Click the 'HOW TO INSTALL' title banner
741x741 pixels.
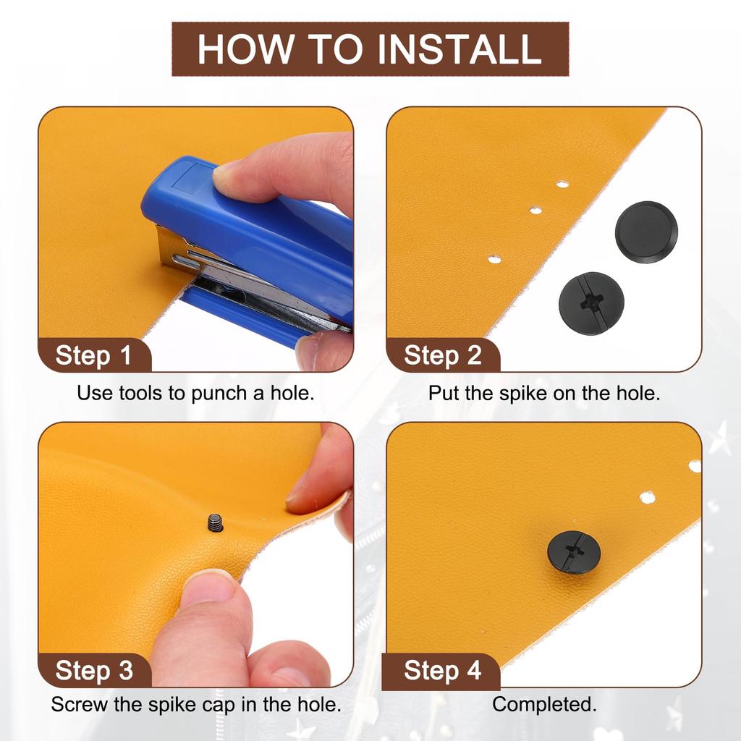click(x=370, y=48)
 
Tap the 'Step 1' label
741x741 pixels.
click(x=93, y=355)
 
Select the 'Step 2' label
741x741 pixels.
click(x=442, y=355)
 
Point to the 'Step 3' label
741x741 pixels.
click(x=94, y=670)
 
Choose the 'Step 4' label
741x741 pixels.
click(x=442, y=670)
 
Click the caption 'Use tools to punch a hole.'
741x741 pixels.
click(x=195, y=393)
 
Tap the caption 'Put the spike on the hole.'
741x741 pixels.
click(x=544, y=393)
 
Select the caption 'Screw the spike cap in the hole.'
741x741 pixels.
click(x=196, y=704)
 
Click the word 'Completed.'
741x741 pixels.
click(x=544, y=705)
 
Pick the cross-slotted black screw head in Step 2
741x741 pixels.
click(x=591, y=304)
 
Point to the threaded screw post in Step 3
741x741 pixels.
click(x=215, y=522)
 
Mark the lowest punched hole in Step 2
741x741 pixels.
click(x=494, y=259)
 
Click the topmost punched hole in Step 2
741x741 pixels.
click(x=562, y=184)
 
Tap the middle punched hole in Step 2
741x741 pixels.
click(x=535, y=210)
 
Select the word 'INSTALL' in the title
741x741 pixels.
click(x=459, y=48)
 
